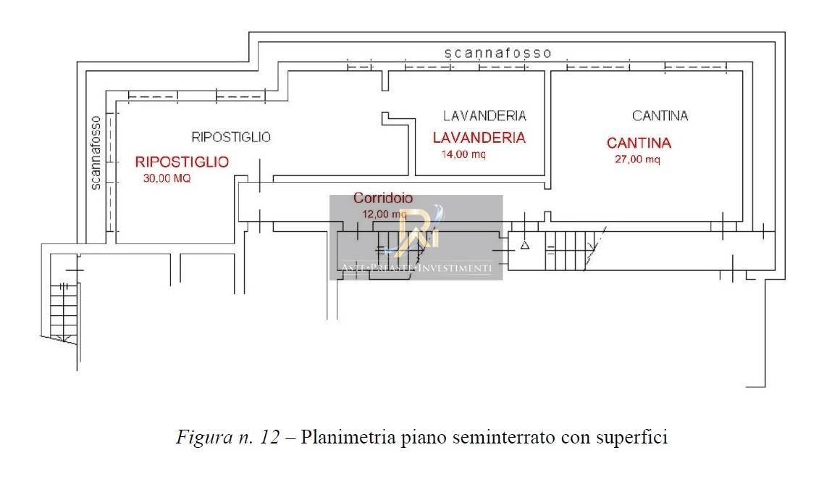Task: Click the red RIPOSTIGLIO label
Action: pyautogui.click(x=182, y=162)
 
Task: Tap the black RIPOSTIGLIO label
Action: pyautogui.click(x=231, y=137)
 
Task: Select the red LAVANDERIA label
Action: pyautogui.click(x=479, y=138)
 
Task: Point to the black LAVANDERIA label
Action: pyautogui.click(x=484, y=116)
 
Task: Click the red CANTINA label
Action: pyautogui.click(x=639, y=143)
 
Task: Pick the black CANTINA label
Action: pyautogui.click(x=660, y=116)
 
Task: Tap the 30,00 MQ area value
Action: pyautogui.click(x=167, y=179)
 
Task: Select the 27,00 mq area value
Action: pyautogui.click(x=637, y=160)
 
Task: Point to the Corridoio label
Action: pyautogui.click(x=383, y=198)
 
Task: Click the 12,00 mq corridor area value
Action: pyautogui.click(x=384, y=214)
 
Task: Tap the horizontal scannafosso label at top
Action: pyautogui.click(x=498, y=53)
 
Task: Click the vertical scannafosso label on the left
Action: pyautogui.click(x=95, y=153)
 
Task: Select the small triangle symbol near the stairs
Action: pyautogui.click(x=526, y=246)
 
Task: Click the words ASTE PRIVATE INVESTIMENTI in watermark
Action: pyautogui.click(x=416, y=269)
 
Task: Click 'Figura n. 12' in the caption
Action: pyautogui.click(x=227, y=438)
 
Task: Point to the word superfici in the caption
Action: pyautogui.click(x=630, y=438)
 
